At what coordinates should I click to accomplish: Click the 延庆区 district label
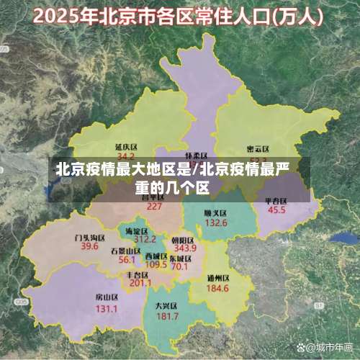coord(126,146)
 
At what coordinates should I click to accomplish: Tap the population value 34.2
coord(126,156)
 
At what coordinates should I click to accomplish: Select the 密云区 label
coord(258,150)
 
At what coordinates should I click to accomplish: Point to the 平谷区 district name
coord(276,201)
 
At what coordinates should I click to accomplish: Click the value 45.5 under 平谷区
coord(276,211)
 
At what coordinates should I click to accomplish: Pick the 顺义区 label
coord(215,213)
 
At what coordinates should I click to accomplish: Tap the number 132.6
coord(215,223)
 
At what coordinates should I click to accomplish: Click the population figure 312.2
coord(145,239)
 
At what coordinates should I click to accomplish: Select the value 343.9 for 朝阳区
coord(184,248)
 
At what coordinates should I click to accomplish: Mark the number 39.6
coord(89,246)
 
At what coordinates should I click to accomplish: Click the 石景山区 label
coord(126,251)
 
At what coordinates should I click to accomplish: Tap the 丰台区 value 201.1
coord(140,283)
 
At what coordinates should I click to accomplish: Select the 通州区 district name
coord(217,278)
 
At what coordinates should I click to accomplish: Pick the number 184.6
coord(217,288)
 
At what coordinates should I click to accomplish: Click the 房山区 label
coord(107,297)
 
